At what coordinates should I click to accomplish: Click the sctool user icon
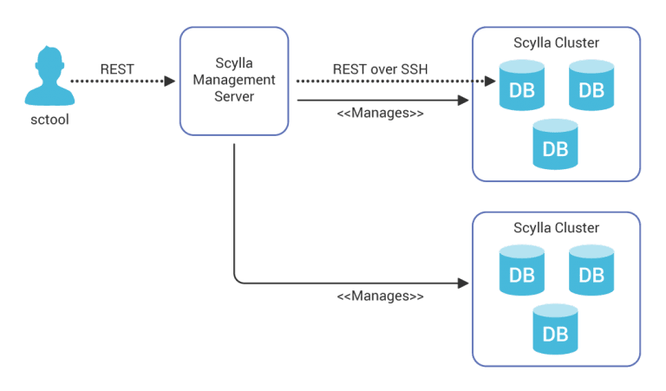[x=47, y=78]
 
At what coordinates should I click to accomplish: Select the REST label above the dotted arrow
[x=117, y=68]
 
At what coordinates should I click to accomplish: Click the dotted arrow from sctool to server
[x=121, y=81]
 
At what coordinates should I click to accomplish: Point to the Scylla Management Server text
[x=233, y=80]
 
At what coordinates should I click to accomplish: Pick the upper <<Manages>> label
[x=380, y=114]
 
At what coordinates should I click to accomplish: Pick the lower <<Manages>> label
[x=380, y=297]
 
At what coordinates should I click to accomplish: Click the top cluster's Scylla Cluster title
[x=556, y=42]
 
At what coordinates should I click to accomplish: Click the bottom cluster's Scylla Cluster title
[x=556, y=228]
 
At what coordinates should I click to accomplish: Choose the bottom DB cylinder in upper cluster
[x=555, y=144]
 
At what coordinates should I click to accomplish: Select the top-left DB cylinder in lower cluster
[x=521, y=270]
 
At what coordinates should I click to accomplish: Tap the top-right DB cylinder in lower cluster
[x=591, y=270]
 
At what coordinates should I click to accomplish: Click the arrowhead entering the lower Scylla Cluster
[x=463, y=283]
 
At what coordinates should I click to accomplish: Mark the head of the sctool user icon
[x=47, y=62]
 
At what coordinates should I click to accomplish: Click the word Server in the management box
[x=233, y=96]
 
